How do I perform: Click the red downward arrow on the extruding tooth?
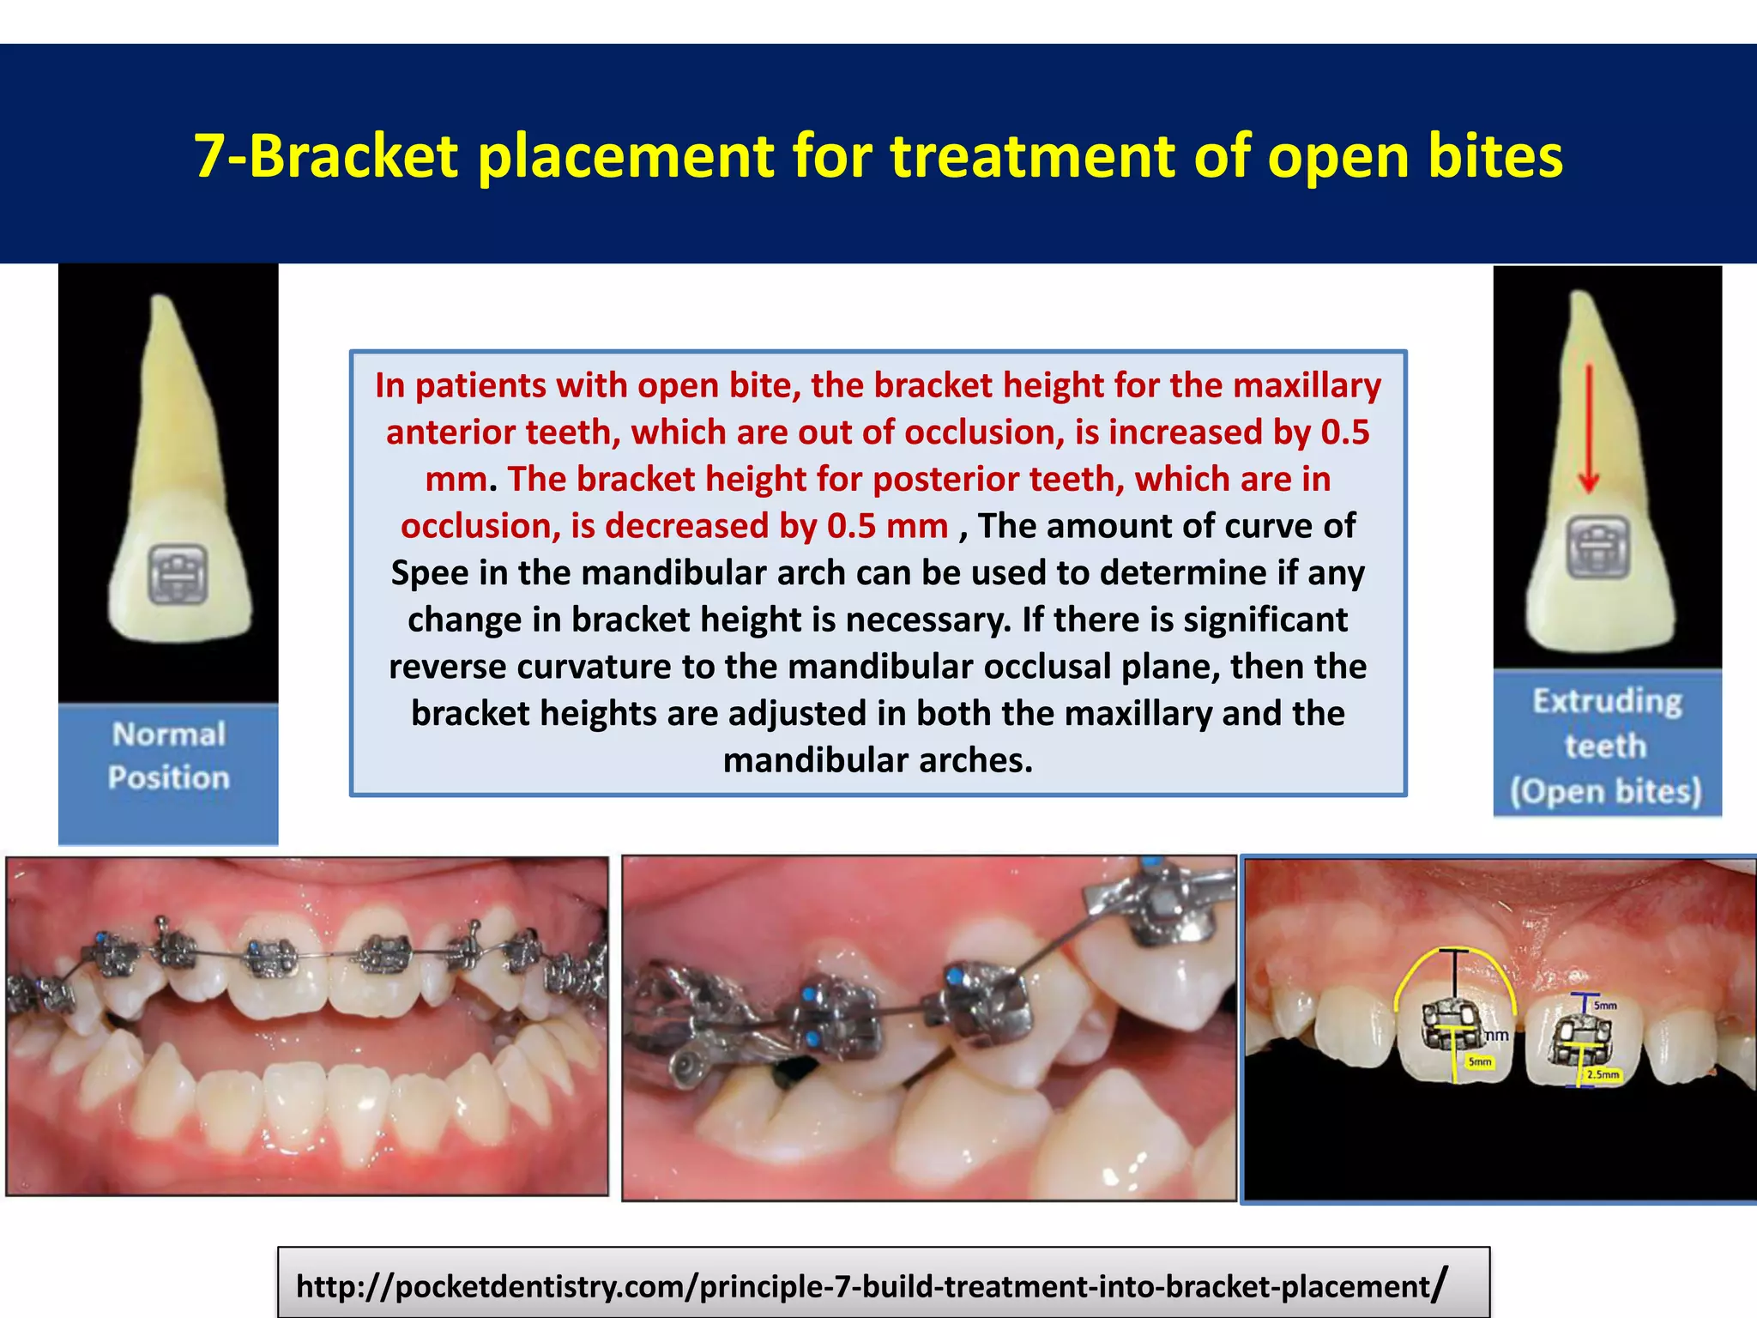1589,429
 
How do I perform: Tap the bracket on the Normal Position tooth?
178,573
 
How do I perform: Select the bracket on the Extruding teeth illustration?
1597,547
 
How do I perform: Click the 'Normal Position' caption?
169,756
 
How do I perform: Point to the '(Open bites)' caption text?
1606,791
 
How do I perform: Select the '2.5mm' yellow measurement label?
1603,1074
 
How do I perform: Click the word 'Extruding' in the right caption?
1607,701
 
